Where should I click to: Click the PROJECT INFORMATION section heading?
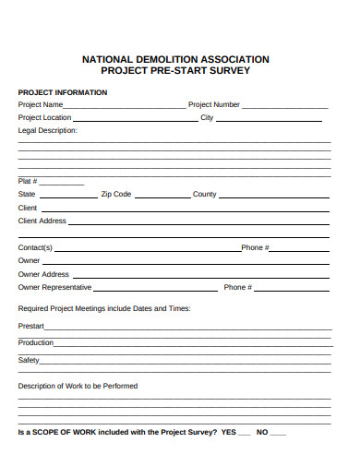[63, 92]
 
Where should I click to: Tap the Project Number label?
[214, 105]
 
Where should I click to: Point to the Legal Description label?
[48, 131]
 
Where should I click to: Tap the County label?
[204, 195]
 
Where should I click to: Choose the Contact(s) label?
[36, 248]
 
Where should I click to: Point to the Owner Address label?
[43, 274]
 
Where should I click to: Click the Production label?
[36, 342]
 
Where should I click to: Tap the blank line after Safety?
[186, 363]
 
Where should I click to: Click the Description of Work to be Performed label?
[78, 386]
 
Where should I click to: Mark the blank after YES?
[245, 435]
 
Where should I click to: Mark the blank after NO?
[279, 435]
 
